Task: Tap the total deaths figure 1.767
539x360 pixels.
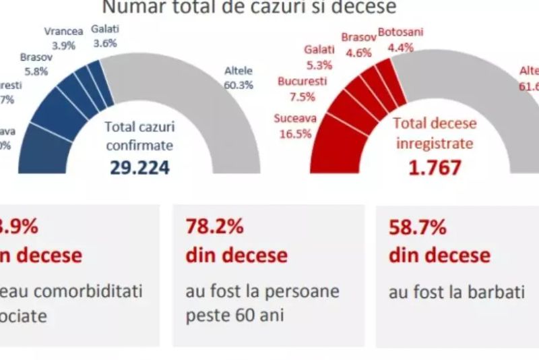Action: point(435,167)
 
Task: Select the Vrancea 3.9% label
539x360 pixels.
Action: point(63,38)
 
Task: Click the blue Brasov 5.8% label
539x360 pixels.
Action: point(33,63)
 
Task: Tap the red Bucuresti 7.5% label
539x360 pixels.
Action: point(302,88)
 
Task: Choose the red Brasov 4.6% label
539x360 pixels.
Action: point(357,43)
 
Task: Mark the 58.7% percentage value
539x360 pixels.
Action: point(417,228)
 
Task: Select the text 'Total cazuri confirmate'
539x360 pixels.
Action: point(139,135)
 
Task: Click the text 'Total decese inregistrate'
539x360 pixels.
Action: point(435,133)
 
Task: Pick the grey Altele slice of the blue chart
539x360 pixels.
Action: point(202,94)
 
